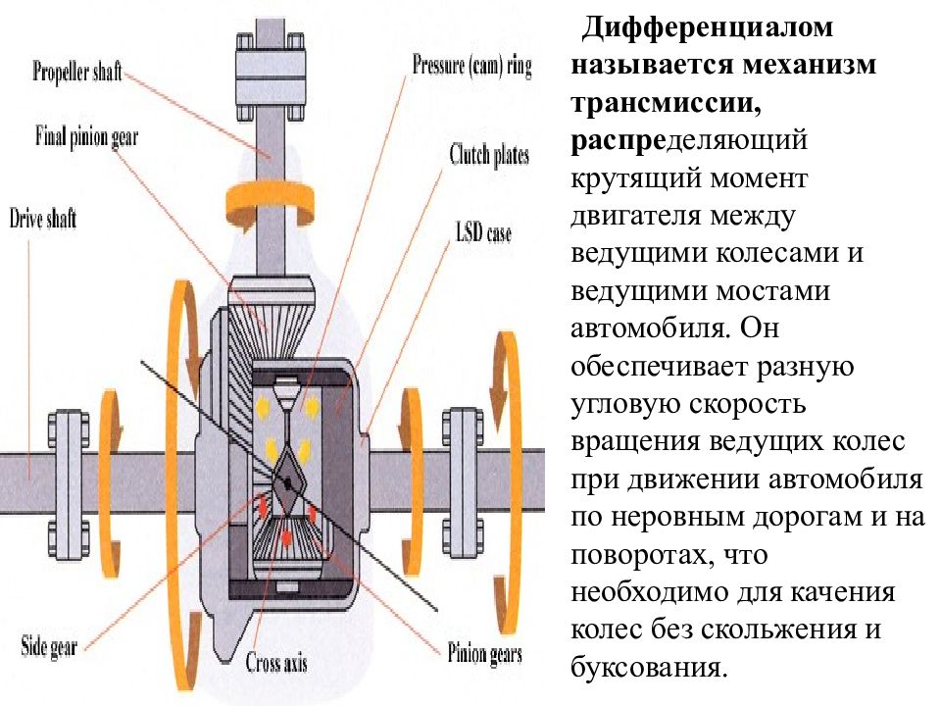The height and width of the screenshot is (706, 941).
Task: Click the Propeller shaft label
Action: tap(76, 72)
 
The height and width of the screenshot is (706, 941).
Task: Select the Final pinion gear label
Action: tap(86, 137)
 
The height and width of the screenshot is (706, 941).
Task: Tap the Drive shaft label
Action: tap(42, 218)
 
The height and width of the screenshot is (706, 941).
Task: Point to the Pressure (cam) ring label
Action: tap(471, 66)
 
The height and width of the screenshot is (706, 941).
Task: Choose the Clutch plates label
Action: tap(489, 155)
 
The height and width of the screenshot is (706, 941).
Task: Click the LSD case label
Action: tap(483, 232)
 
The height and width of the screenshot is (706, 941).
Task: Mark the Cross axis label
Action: tap(276, 662)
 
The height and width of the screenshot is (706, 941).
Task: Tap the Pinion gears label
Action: tap(485, 653)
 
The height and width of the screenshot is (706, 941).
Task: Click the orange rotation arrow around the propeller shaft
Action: tap(268, 203)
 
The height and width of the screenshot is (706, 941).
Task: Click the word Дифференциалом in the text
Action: tap(707, 28)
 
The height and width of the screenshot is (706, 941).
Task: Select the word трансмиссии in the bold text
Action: tap(667, 103)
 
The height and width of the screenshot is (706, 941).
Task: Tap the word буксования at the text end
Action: tap(649, 668)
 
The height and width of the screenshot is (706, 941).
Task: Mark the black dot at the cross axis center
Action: tap(288, 482)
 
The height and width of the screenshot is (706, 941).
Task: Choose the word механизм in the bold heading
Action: tap(810, 65)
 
